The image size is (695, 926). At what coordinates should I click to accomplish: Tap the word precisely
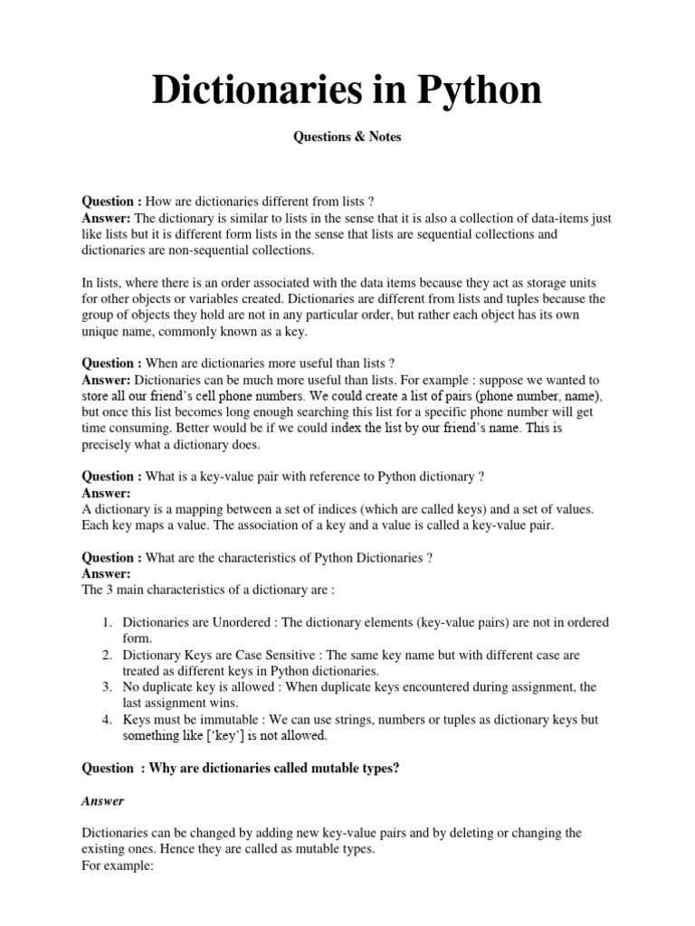coord(108,445)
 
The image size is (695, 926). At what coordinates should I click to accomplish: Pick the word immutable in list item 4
coord(214,720)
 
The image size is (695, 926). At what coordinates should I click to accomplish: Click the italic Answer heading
coord(103,800)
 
